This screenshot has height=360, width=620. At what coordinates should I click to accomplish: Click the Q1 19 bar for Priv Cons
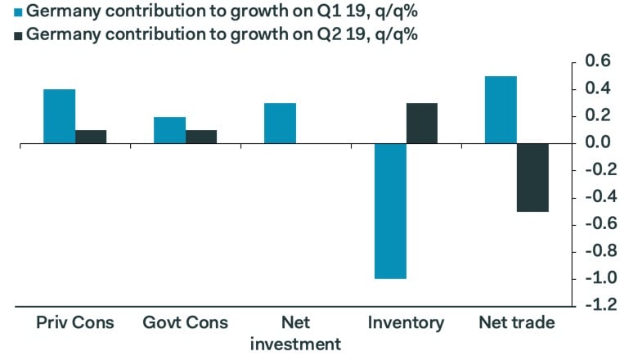click(60, 116)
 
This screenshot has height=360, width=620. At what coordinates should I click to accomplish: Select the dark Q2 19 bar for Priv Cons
click(91, 137)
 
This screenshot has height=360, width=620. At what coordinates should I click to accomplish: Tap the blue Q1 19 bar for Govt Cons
click(170, 130)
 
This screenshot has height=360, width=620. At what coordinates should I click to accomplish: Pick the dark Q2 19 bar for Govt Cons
click(201, 137)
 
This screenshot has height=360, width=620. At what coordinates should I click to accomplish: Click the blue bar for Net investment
click(280, 123)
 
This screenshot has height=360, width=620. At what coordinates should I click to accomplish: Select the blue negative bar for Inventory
click(390, 211)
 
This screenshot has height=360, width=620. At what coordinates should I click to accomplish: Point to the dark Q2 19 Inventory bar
click(422, 123)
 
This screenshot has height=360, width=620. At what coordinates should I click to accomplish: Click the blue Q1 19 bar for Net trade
click(501, 110)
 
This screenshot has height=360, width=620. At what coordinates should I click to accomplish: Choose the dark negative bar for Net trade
click(532, 178)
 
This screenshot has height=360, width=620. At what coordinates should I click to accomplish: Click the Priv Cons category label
click(75, 322)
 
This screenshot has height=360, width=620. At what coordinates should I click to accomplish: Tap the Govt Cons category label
click(185, 322)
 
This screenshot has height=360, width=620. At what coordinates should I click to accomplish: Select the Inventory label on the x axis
click(406, 322)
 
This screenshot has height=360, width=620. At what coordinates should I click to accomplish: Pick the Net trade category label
click(516, 322)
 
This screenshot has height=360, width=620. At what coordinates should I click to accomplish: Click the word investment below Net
click(295, 344)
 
